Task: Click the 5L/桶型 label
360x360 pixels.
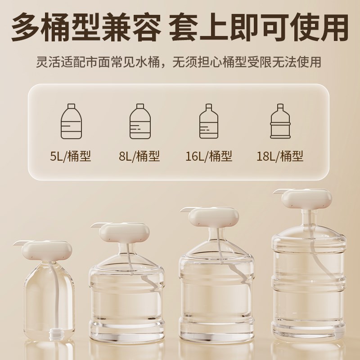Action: click(x=70, y=156)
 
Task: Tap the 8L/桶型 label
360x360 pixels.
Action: click(x=139, y=156)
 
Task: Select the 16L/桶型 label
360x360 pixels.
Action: click(x=209, y=156)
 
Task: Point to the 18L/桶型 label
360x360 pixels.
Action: click(x=279, y=156)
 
